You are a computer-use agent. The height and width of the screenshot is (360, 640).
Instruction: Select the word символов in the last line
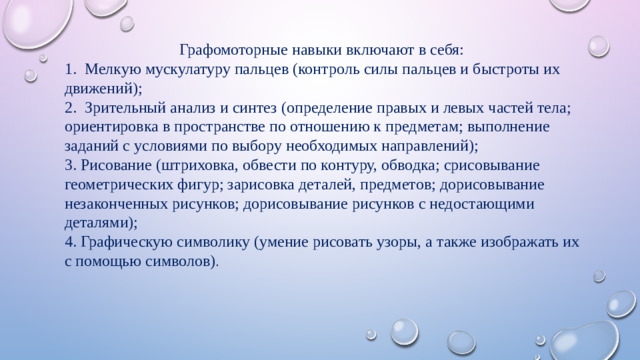181,261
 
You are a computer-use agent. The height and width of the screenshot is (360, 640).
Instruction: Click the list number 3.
67,165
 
